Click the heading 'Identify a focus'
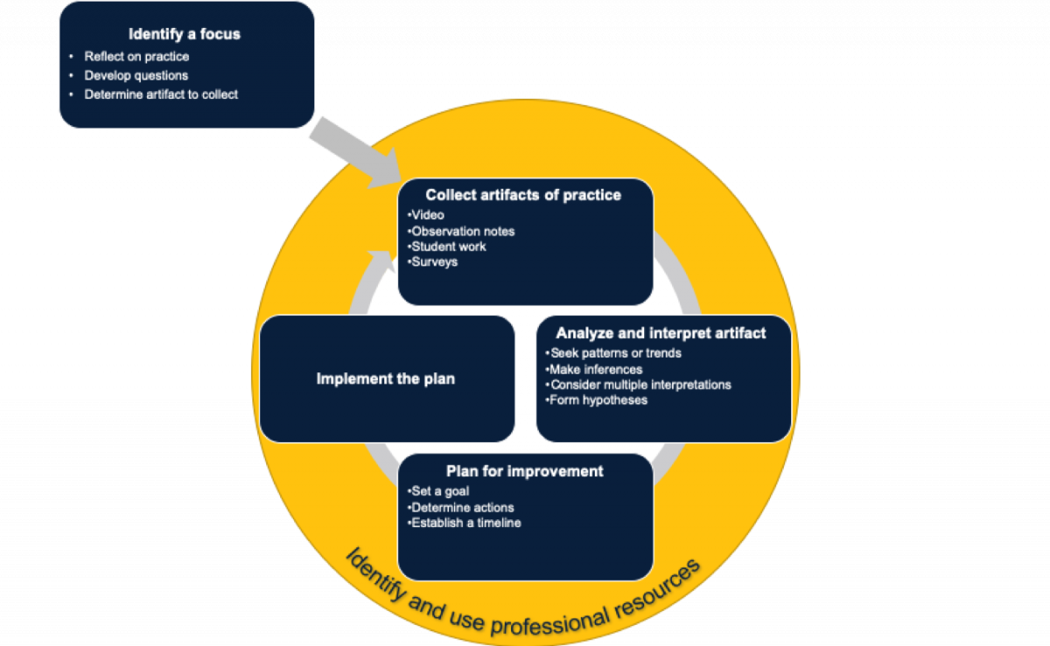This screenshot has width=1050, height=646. point(185,34)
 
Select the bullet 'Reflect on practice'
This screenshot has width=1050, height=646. point(136,57)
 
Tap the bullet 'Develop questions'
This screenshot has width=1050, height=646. point(136,75)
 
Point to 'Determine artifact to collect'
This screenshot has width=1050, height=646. point(161,94)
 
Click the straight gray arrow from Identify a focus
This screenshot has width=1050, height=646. point(356,153)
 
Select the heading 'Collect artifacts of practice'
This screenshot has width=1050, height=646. point(523,195)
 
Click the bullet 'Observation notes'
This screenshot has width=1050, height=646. point(461,232)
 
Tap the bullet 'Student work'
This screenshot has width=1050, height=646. point(446,247)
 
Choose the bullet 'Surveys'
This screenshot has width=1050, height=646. point(432,262)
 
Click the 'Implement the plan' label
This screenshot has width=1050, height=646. point(385,379)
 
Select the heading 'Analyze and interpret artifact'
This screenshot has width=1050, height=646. point(661,333)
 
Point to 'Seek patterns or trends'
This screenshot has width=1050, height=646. point(613,353)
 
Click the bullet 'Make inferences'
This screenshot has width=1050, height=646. point(593,370)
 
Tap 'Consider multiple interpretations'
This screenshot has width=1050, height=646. point(638,385)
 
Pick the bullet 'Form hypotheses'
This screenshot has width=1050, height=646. point(596,400)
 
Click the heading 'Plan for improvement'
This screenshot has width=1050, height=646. point(524,471)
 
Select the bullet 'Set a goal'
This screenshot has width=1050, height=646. point(437,491)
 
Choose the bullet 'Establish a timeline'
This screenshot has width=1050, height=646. point(464,523)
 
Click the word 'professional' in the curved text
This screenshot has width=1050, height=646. point(549,622)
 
